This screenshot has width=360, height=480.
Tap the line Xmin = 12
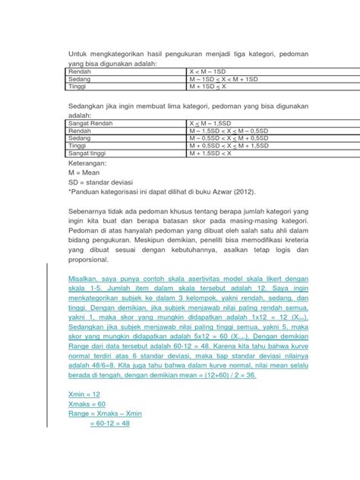pyautogui.click(x=86, y=395)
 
